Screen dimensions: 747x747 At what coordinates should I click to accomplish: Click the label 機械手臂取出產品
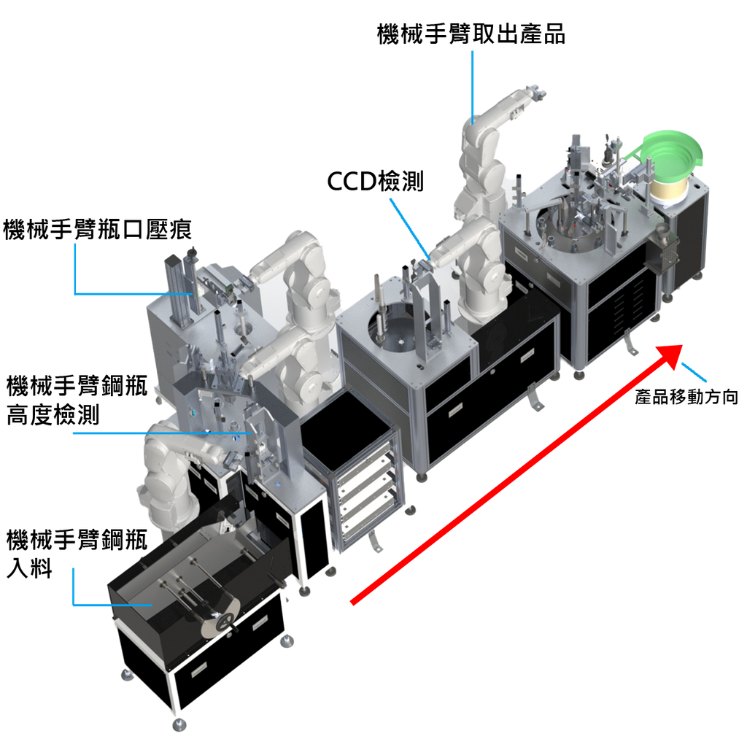pyautogui.click(x=471, y=34)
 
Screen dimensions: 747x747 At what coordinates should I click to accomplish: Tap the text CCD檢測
pyautogui.click(x=376, y=181)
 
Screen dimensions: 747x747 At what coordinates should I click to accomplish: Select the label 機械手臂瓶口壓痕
pyautogui.click(x=98, y=229)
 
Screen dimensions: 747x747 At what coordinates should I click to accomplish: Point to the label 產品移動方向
pyautogui.click(x=686, y=396)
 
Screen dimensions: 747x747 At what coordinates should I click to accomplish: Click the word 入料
pyautogui.click(x=29, y=568)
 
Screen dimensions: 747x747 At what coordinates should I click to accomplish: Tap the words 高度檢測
pyautogui.click(x=53, y=414)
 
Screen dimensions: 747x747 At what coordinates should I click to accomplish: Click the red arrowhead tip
pyautogui.click(x=682, y=346)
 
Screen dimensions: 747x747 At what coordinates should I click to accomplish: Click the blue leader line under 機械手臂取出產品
pyautogui.click(x=473, y=88)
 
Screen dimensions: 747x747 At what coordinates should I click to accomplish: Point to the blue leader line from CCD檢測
pyautogui.click(x=411, y=229)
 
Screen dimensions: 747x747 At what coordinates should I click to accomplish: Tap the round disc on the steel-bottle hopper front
pyautogui.click(x=221, y=619)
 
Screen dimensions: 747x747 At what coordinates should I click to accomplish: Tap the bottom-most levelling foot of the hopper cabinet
pyautogui.click(x=179, y=724)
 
